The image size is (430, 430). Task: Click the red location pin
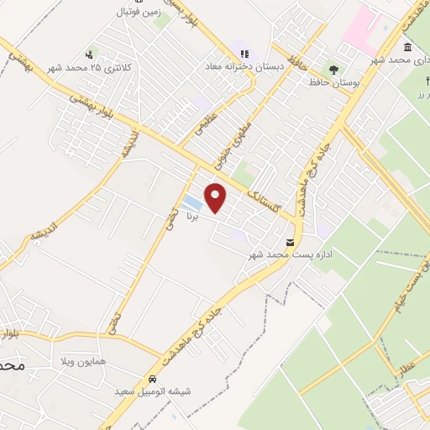216,197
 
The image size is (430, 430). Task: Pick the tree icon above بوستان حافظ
335,71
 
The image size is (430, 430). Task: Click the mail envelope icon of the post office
290,243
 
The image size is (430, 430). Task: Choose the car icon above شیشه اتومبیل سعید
152,379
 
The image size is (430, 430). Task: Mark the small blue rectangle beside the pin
192,202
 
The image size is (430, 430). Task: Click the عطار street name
406,366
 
